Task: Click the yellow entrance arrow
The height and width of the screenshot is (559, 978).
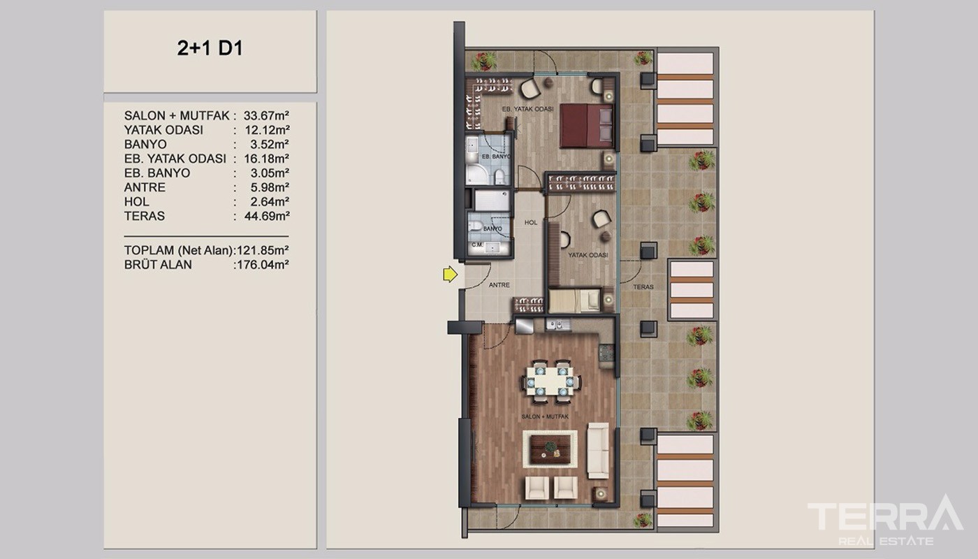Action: coord(450,274)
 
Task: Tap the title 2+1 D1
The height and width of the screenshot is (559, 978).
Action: coord(210,48)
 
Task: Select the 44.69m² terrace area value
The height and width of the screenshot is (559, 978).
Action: coord(267,216)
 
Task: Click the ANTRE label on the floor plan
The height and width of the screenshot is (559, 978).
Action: coord(499,285)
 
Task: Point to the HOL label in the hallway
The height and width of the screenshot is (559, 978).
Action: coord(531,222)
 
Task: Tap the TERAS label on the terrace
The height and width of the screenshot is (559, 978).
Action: coord(643,287)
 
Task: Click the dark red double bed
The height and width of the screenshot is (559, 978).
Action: coord(586,126)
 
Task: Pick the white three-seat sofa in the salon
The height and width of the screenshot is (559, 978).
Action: coord(598,451)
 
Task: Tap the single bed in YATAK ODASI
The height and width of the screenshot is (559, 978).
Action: coord(575,300)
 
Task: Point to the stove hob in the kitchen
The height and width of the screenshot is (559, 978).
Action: coord(606,352)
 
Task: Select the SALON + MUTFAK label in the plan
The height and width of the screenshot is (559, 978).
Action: coord(545,416)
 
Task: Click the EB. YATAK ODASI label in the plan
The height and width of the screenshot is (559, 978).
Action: coord(528,109)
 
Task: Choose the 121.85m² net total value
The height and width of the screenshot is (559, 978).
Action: coord(263,250)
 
